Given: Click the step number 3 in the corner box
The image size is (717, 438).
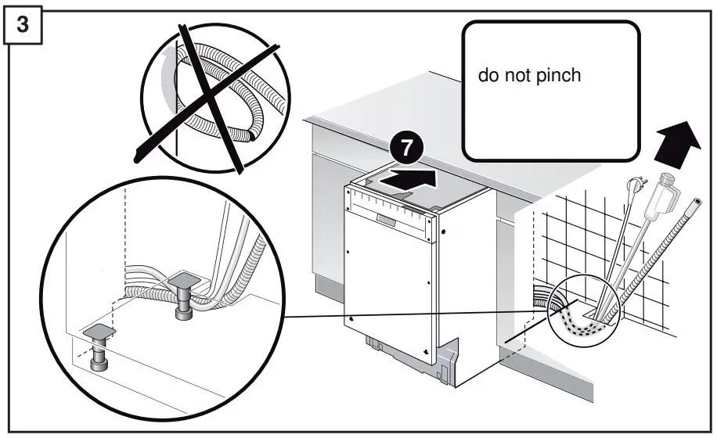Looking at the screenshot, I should click(23, 24).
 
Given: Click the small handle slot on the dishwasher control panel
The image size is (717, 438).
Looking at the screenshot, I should click(385, 217).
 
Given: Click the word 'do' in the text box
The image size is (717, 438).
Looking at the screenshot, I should click(487, 76).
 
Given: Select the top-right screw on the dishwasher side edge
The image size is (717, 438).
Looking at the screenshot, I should click(443, 232).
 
